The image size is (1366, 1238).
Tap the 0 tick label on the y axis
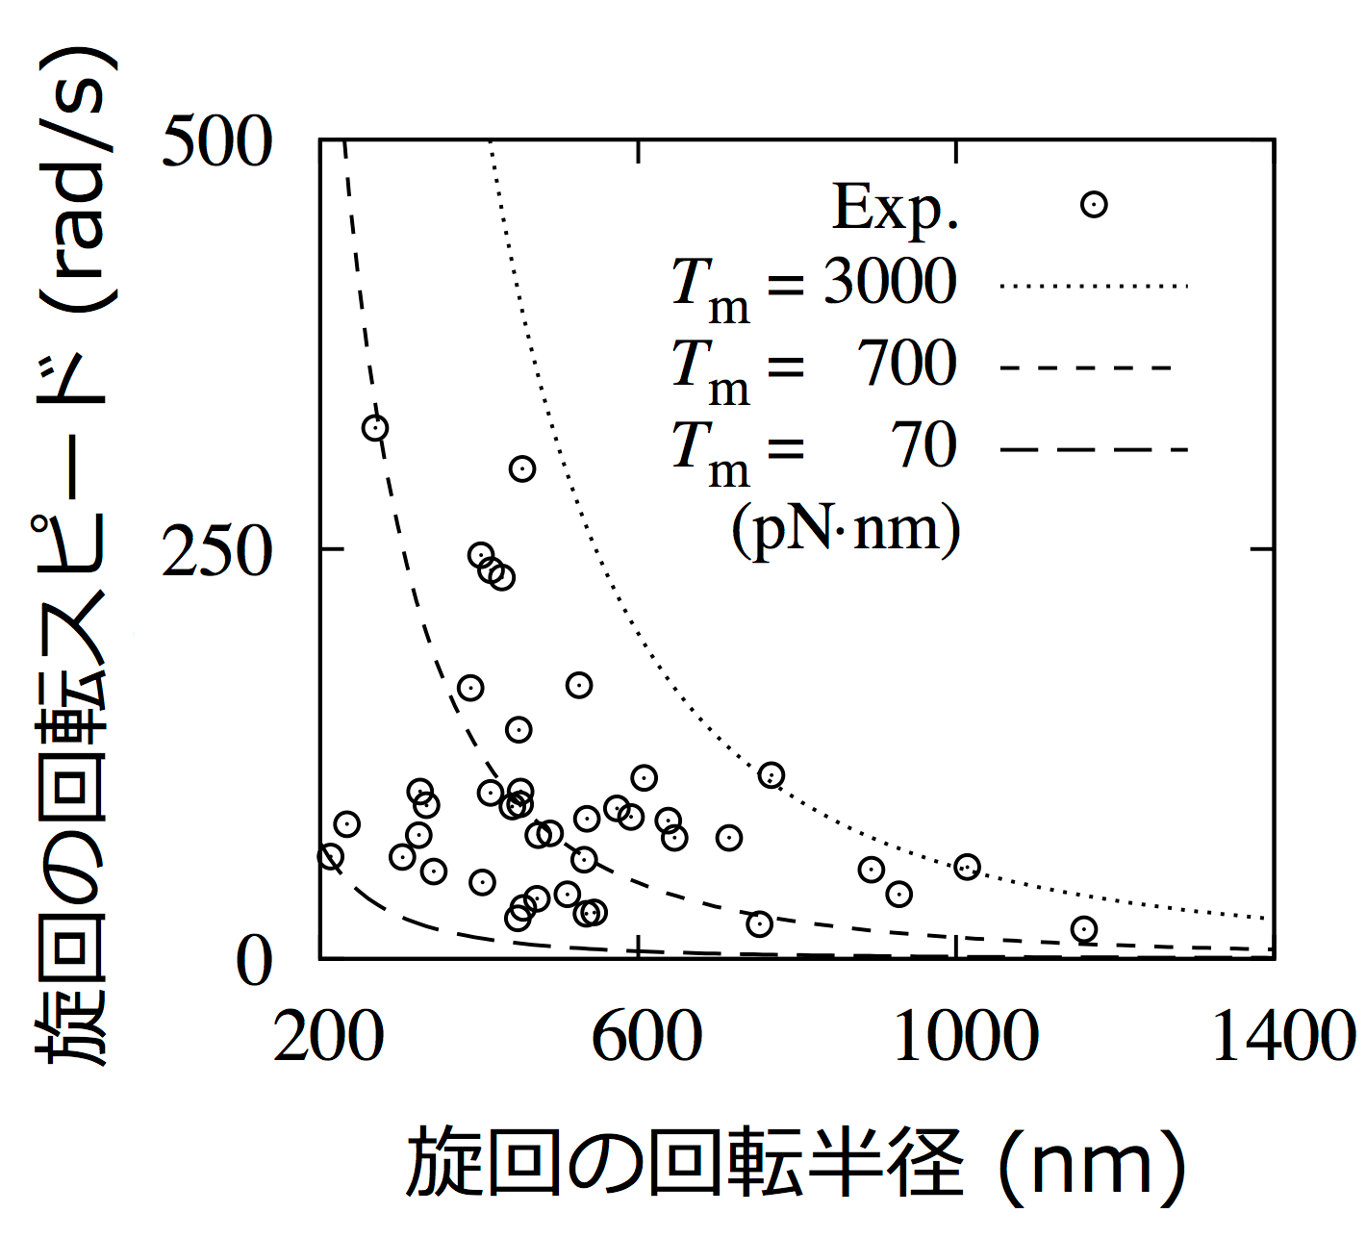pyautogui.click(x=254, y=960)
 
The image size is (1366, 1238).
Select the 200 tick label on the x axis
pyautogui.click(x=328, y=1037)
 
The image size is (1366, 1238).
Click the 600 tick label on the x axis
pyautogui.click(x=646, y=1037)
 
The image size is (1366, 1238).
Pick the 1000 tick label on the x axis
pyautogui.click(x=966, y=1037)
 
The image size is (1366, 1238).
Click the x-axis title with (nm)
pyautogui.click(x=796, y=1163)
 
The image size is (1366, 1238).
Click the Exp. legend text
pyautogui.click(x=896, y=208)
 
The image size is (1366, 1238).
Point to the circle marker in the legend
pyautogui.click(x=1094, y=205)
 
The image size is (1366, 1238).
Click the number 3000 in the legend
pyautogui.click(x=890, y=282)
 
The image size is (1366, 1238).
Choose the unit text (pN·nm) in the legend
pyautogui.click(x=846, y=530)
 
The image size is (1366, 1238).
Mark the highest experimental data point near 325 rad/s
pyautogui.click(x=375, y=428)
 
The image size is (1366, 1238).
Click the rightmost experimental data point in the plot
pyautogui.click(x=1084, y=929)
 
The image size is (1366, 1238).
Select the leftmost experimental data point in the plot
pyautogui.click(x=330, y=856)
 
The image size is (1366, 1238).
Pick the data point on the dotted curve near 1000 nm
pyautogui.click(x=967, y=868)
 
